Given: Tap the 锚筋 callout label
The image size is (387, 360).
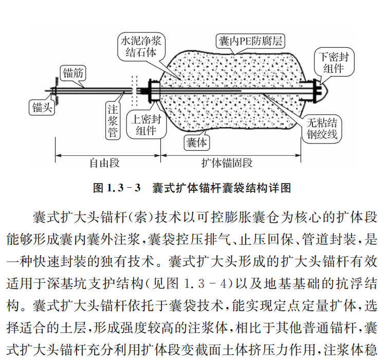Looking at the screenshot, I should click(x=72, y=72).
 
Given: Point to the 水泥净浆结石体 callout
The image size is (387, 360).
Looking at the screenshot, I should click(x=138, y=46).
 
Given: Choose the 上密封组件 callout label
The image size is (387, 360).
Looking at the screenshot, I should click(x=146, y=125).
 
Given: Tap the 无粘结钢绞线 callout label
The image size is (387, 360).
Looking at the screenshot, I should click(x=322, y=129).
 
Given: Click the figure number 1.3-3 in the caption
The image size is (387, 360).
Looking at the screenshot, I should click(x=124, y=188).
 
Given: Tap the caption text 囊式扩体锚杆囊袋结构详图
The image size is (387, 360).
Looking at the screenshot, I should click(x=222, y=188).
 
